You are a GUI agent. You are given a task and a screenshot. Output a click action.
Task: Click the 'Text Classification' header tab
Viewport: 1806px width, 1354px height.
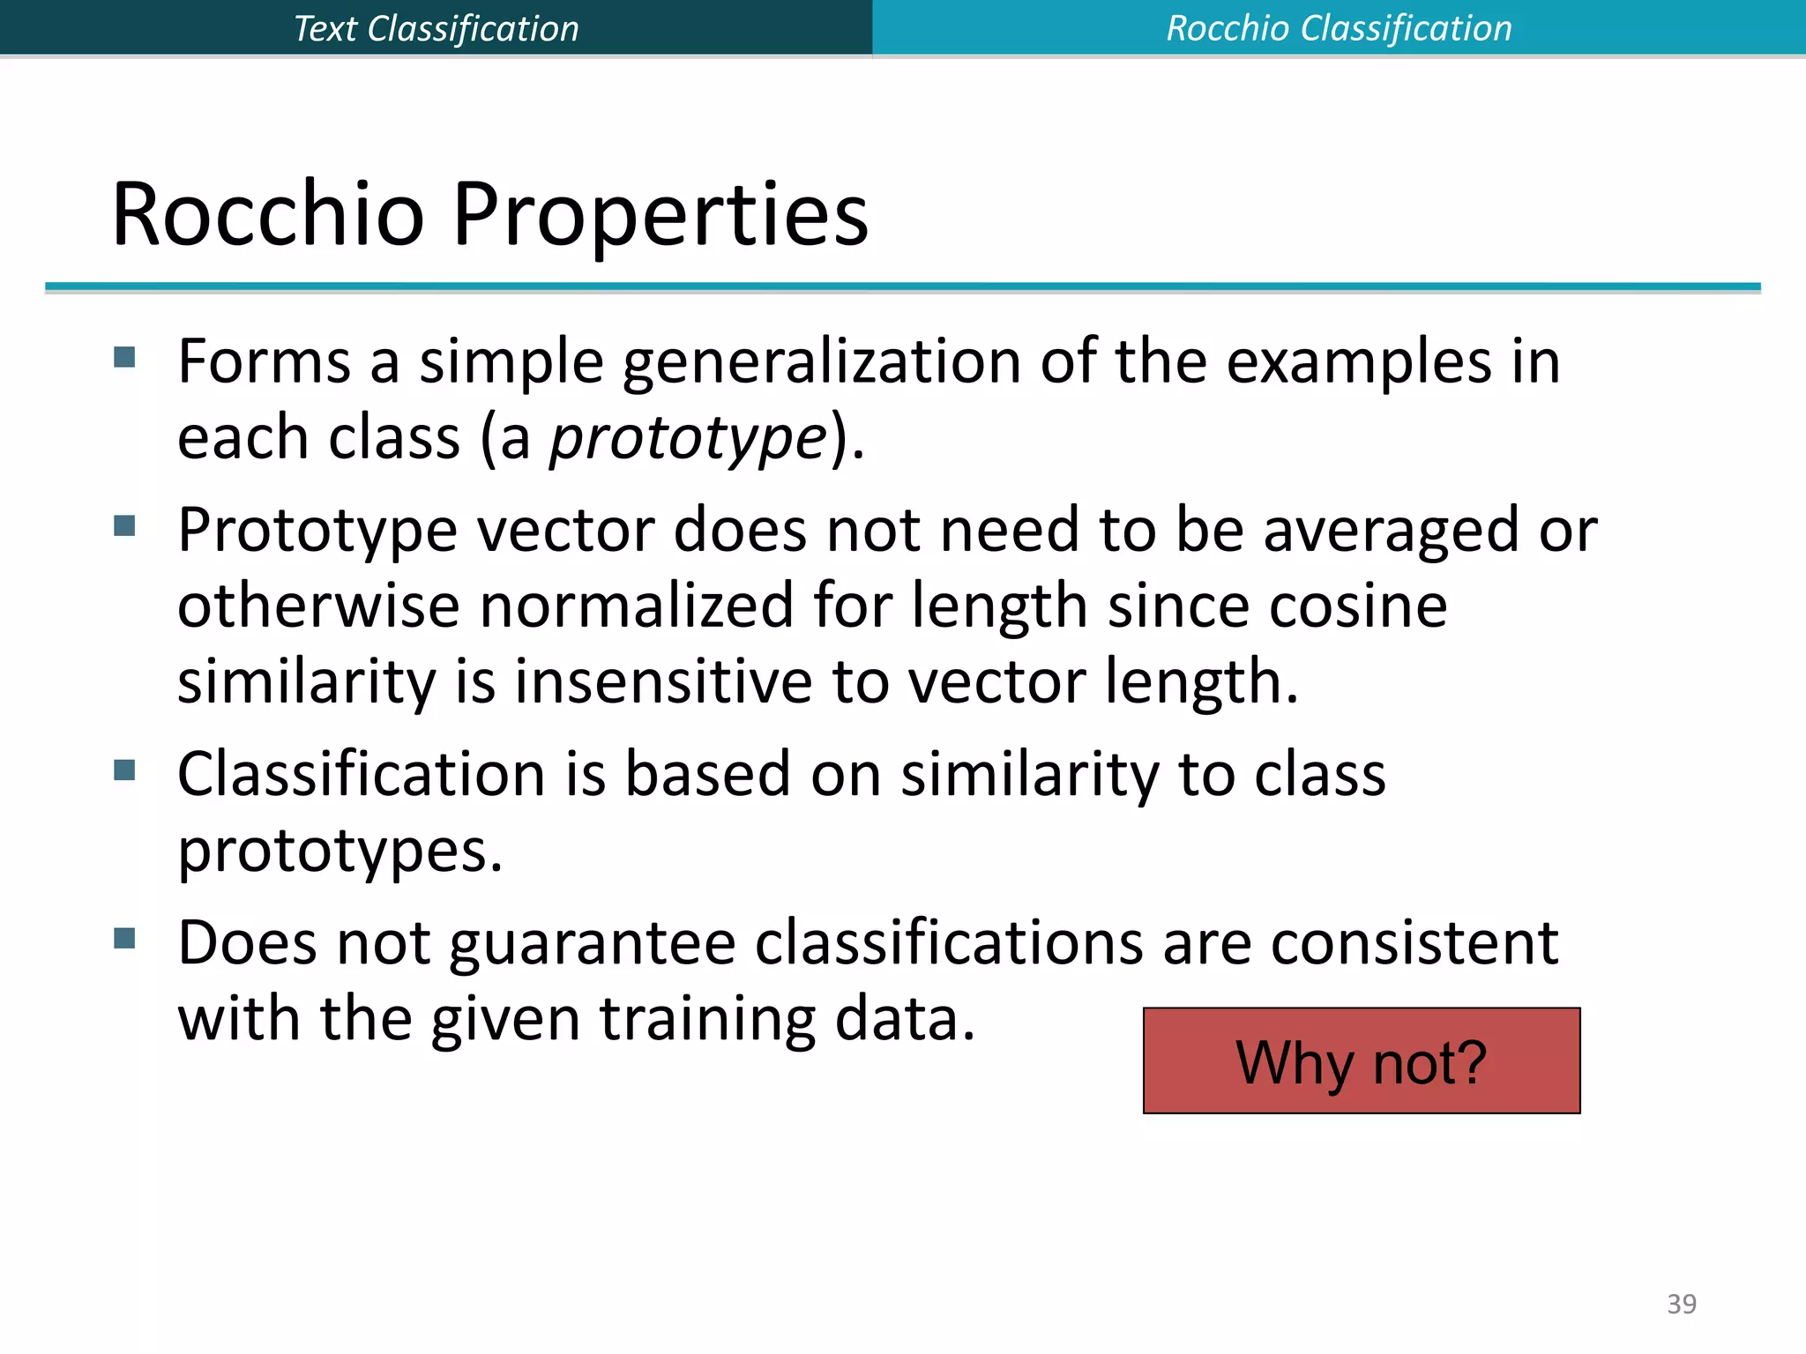436,28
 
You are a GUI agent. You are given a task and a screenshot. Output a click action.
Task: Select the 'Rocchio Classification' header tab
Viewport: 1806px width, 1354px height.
1339,28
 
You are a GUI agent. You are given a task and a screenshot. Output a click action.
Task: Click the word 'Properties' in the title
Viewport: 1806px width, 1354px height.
660,214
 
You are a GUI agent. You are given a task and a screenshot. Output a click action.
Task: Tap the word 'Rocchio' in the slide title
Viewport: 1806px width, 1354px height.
268,214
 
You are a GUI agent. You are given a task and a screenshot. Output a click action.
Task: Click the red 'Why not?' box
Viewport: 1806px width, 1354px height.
1361,1060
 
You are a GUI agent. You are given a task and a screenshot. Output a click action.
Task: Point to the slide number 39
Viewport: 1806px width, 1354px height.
1681,1304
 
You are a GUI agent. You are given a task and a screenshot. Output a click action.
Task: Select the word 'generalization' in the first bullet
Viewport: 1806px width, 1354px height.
821,362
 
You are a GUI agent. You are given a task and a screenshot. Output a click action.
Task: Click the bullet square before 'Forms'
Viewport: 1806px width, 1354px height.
124,356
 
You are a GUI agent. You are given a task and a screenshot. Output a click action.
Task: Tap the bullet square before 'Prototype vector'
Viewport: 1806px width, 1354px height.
124,526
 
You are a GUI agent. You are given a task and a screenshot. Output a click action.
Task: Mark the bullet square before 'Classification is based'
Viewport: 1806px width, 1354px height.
124,770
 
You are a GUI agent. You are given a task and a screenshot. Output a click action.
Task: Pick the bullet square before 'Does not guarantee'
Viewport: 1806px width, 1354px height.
124,938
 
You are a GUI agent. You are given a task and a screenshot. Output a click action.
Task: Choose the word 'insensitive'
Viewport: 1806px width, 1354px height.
663,681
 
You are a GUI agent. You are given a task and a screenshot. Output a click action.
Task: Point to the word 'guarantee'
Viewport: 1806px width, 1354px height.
592,944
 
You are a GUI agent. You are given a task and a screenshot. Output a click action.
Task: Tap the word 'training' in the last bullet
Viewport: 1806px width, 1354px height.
707,1020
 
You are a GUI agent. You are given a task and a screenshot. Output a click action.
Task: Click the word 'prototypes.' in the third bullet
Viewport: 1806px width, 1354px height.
340,851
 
